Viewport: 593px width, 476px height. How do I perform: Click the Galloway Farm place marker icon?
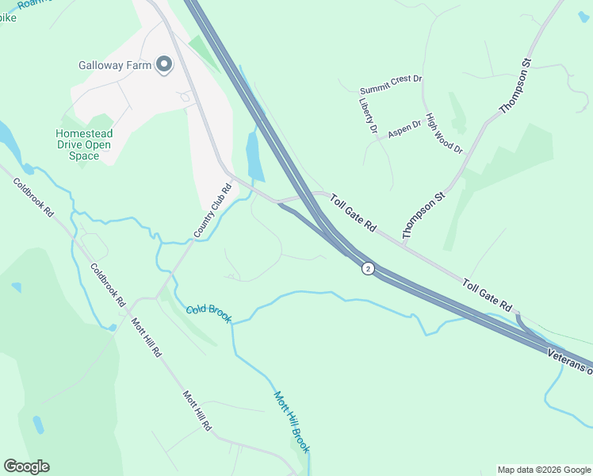(x=164, y=65)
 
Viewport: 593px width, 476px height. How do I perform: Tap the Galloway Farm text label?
(x=115, y=65)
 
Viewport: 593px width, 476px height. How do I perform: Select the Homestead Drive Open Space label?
(x=83, y=145)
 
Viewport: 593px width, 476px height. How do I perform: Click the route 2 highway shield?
(x=368, y=269)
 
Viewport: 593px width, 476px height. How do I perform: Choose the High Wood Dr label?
(x=444, y=133)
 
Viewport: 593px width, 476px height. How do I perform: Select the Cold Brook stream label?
(x=209, y=313)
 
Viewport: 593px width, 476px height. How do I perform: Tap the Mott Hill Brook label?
(x=291, y=421)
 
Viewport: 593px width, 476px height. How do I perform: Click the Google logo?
(x=26, y=466)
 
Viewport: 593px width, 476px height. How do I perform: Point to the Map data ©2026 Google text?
(x=544, y=470)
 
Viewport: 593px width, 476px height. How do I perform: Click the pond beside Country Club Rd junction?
(x=254, y=155)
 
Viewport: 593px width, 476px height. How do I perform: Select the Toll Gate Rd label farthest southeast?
(x=487, y=295)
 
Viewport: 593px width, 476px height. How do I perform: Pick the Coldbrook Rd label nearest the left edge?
(x=33, y=198)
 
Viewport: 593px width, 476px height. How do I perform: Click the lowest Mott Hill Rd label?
(x=197, y=410)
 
